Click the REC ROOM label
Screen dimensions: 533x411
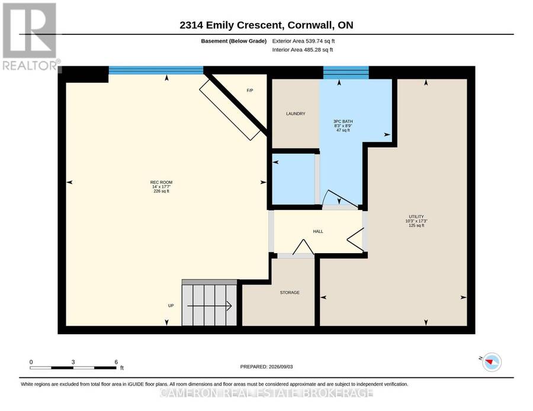pos(161,182)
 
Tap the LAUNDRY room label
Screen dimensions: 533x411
pos(296,114)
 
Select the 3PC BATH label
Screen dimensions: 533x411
pos(343,121)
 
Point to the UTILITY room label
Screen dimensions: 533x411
pos(416,216)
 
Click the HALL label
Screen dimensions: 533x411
pos(318,231)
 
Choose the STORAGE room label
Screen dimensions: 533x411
pos(290,293)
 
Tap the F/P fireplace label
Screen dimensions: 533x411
pos(250,90)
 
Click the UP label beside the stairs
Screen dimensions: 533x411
pos(171,306)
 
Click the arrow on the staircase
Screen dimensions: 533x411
pos(210,306)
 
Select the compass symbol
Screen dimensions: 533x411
pos(491,362)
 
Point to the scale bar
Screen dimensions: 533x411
pos(73,368)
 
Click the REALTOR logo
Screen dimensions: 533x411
pos(30,36)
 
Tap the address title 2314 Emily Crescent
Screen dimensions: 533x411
pos(230,25)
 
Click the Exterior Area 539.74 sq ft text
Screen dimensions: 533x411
pos(303,41)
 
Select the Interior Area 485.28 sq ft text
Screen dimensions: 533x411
pos(303,50)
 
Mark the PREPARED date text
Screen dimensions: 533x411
pos(266,367)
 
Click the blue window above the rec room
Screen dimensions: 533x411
pos(156,70)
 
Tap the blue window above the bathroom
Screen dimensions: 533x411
pos(346,73)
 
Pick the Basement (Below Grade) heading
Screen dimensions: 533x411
pos(233,41)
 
